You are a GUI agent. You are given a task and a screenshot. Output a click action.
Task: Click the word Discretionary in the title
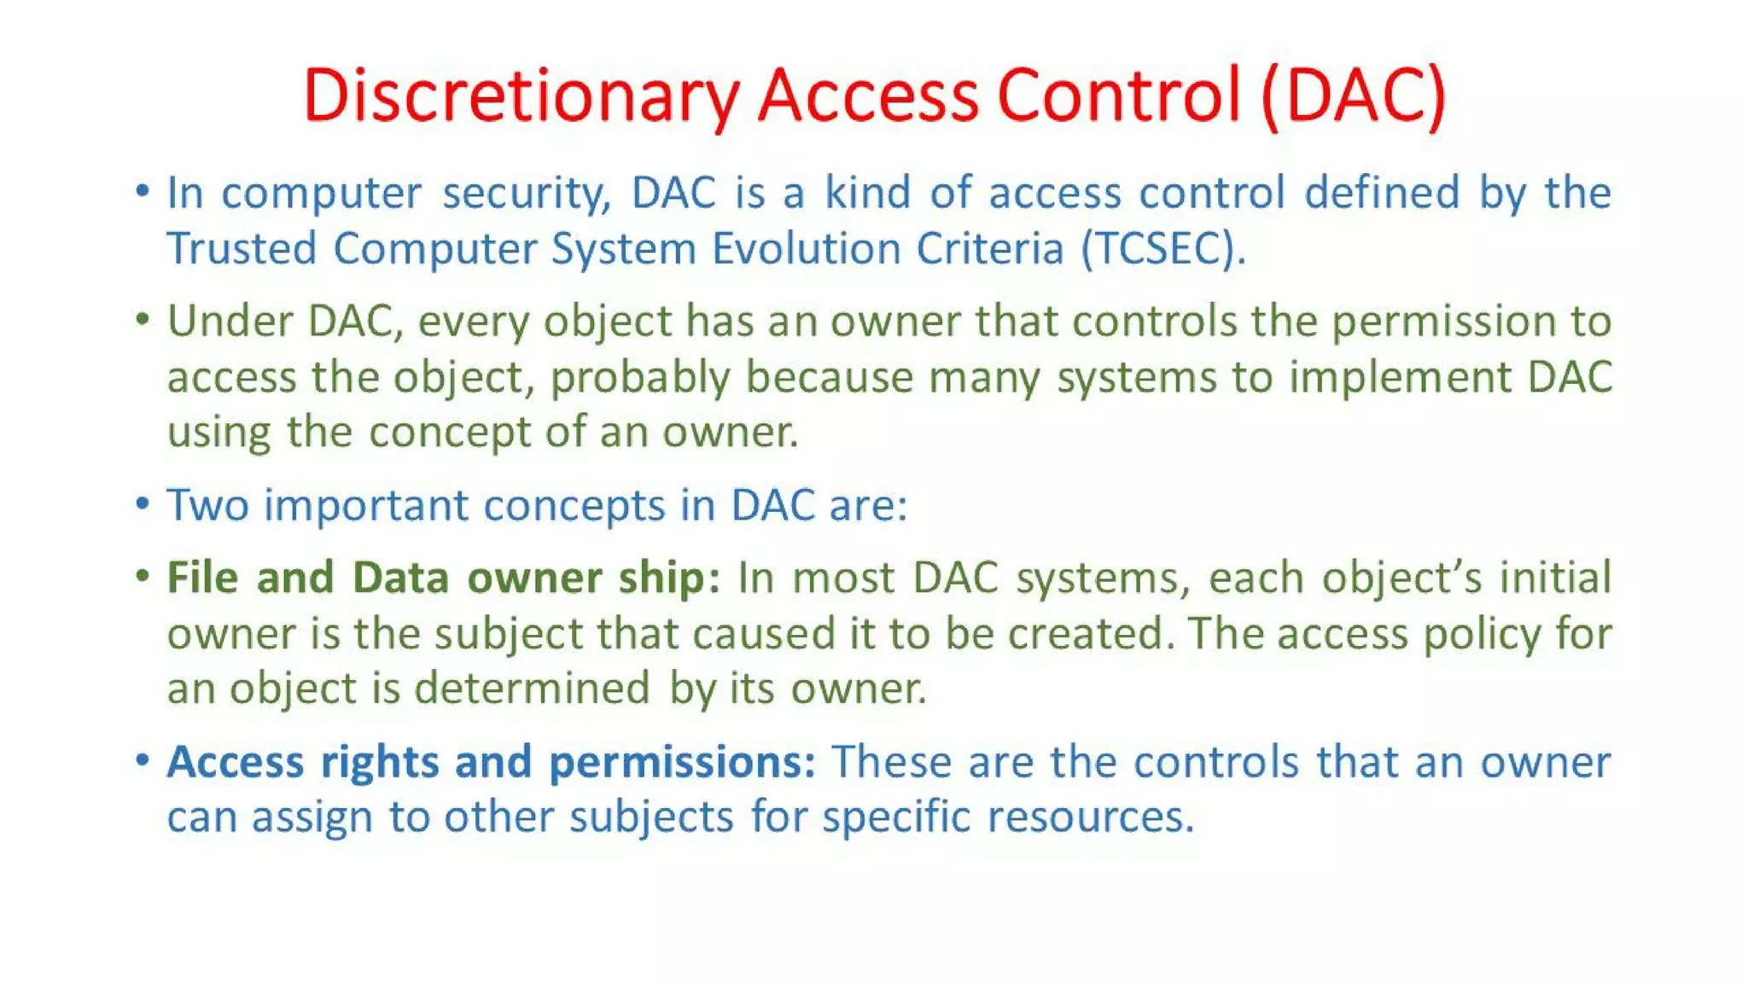(x=521, y=96)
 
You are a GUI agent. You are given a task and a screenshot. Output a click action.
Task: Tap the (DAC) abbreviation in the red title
(x=1354, y=96)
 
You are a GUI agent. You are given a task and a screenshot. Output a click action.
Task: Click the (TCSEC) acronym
(x=1163, y=249)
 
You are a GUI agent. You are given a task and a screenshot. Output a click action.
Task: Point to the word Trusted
(x=242, y=249)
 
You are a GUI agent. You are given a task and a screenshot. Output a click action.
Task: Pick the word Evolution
(x=806, y=249)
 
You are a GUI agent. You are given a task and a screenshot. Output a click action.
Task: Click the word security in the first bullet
(x=527, y=194)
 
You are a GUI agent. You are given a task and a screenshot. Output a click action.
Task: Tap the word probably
(x=640, y=378)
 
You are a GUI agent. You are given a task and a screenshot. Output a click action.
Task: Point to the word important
(x=366, y=505)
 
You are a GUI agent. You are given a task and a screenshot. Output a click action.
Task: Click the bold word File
(x=203, y=578)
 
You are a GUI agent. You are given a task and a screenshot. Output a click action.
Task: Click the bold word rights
(x=380, y=762)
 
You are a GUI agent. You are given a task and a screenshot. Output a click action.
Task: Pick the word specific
(x=896, y=817)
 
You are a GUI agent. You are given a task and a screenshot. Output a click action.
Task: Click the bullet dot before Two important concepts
(x=143, y=503)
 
